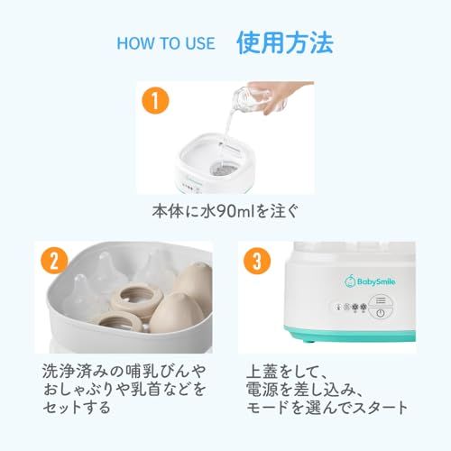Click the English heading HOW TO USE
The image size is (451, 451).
pos(166,43)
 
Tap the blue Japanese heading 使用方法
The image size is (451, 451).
pos(285,43)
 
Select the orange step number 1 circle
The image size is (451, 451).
pos(155,101)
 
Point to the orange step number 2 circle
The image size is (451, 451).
pos(54,261)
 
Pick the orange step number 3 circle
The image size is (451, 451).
pos(257,261)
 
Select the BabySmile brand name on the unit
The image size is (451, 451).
pos(376,282)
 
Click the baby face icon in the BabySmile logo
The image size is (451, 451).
pos(350,281)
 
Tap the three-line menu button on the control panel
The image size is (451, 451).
pos(381,300)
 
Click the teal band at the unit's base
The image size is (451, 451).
pos(349,333)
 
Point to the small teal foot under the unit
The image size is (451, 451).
pos(308,341)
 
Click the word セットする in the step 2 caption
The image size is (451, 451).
pos(77,408)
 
